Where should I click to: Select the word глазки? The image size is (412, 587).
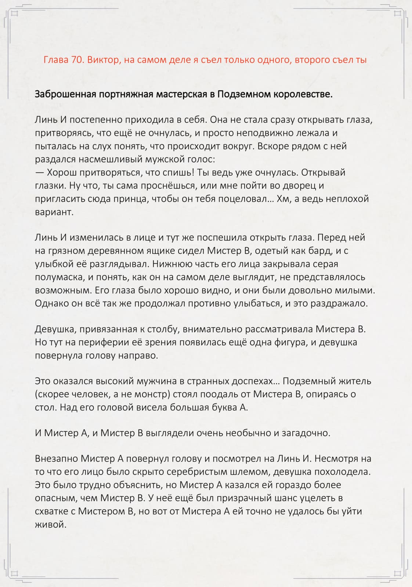point(51,186)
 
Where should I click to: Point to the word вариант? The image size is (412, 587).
point(54,212)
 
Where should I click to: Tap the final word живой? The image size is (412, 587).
point(50,525)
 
